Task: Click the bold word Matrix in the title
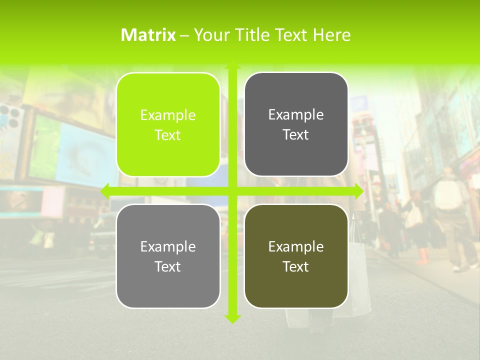(x=148, y=35)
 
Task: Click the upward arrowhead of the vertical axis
(x=232, y=65)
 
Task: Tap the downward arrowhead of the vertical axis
(x=232, y=318)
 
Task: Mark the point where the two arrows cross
(x=232, y=191)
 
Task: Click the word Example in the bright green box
(x=168, y=115)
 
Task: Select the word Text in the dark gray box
(x=296, y=134)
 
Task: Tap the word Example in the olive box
(x=296, y=246)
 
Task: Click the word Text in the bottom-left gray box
(x=168, y=266)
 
